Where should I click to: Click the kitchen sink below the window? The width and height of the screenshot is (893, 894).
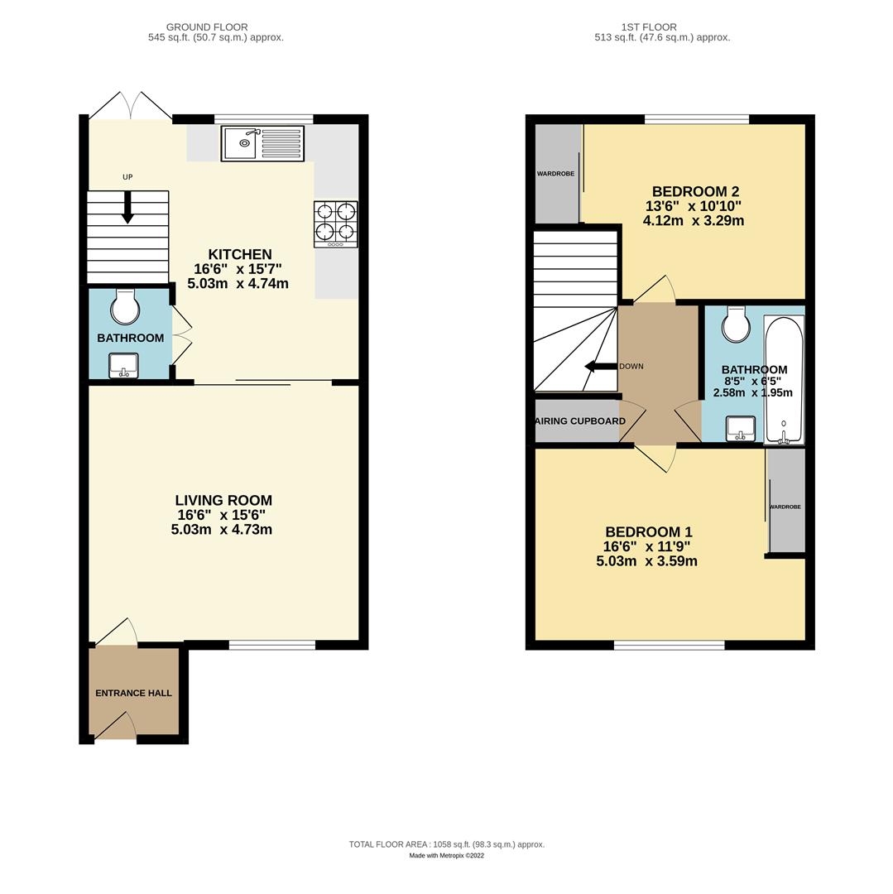[262, 143]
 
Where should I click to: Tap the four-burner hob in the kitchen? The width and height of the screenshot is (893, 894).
[335, 223]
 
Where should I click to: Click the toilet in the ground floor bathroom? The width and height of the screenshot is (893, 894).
[126, 307]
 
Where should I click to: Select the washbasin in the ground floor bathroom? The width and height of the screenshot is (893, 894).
[124, 365]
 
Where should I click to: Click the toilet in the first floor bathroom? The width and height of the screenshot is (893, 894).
[735, 324]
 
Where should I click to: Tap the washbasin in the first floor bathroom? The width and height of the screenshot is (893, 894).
[741, 429]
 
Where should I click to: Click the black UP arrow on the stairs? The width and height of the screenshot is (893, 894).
[127, 208]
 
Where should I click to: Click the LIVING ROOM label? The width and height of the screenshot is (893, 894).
[223, 501]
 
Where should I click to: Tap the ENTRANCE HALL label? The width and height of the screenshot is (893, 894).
[134, 693]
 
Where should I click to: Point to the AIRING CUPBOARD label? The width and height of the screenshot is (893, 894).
[580, 421]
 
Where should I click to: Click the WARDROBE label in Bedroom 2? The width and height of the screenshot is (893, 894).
[555, 174]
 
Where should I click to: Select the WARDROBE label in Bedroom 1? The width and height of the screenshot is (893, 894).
[785, 507]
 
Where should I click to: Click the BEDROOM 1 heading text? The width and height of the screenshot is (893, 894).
[648, 532]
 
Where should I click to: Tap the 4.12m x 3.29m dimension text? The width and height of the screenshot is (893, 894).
[693, 221]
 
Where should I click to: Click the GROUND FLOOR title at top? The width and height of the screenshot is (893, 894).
[207, 27]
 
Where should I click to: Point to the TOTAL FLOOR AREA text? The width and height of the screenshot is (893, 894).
[446, 844]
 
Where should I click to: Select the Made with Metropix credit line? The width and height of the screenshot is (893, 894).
[446, 856]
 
